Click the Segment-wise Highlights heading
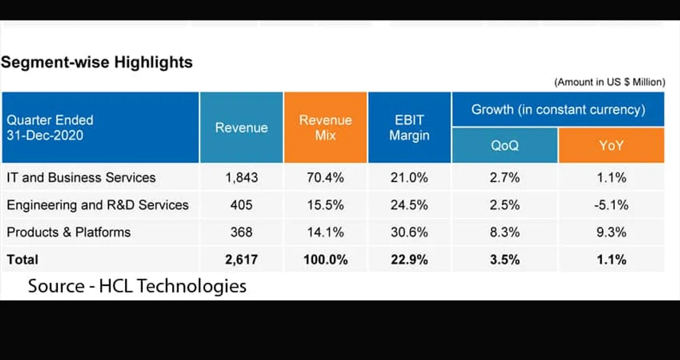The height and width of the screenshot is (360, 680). click(x=97, y=62)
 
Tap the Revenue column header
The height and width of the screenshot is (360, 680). click(x=241, y=128)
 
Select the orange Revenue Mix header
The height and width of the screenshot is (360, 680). click(x=325, y=128)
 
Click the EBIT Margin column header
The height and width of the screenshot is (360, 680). click(x=409, y=128)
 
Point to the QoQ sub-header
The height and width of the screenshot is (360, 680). click(x=504, y=146)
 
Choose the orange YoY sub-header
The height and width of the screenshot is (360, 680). click(x=611, y=146)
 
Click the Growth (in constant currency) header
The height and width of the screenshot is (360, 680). click(x=558, y=109)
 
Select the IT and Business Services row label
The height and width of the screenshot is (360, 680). click(x=81, y=177)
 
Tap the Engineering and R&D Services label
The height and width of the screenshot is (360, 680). click(x=97, y=205)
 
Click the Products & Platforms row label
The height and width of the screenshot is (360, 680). click(x=69, y=232)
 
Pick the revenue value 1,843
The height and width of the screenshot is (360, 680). click(x=241, y=177)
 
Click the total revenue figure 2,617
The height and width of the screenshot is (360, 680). click(x=241, y=260)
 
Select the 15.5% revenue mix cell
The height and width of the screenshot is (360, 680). click(x=325, y=205)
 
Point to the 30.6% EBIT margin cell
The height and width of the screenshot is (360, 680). click(x=409, y=232)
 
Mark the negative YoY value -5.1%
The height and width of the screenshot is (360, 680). click(x=611, y=205)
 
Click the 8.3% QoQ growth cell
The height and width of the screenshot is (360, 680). click(x=504, y=232)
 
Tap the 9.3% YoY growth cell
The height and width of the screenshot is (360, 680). click(x=611, y=232)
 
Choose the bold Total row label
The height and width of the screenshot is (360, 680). click(x=23, y=260)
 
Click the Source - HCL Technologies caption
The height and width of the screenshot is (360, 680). click(x=137, y=286)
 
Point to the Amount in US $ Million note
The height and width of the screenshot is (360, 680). click(x=609, y=82)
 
